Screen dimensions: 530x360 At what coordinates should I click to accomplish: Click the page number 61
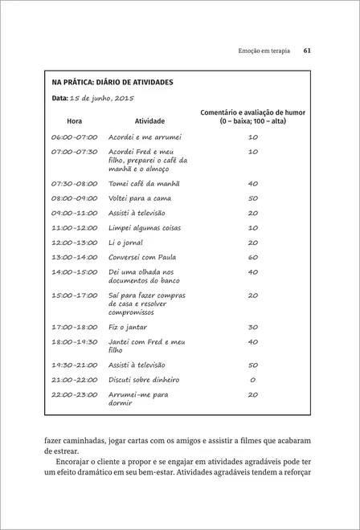coord(306,51)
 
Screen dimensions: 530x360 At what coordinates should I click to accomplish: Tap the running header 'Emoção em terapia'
coord(260,51)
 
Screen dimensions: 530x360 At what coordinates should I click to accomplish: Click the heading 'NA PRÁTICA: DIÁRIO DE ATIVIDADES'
coord(112,82)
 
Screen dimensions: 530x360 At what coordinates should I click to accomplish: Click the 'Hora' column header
coord(74,121)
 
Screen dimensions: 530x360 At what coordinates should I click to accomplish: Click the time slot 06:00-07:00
coord(74,137)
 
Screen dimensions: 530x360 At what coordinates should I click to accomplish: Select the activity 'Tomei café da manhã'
coord(144,183)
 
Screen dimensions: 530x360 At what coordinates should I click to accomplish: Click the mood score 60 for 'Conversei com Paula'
coord(252,257)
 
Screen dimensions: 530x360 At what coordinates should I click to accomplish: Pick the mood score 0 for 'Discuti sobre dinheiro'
coord(252,379)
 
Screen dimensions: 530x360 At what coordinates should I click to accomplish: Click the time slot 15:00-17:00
coord(74,296)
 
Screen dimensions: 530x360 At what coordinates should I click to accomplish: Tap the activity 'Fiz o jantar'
coord(129,327)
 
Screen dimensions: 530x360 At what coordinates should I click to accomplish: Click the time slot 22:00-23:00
coord(74,394)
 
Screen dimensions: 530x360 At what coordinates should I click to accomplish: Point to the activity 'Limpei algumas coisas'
coord(145,227)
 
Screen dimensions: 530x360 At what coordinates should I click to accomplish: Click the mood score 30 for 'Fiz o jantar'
coord(252,327)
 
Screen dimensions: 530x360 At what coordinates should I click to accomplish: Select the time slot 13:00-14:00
coord(74,257)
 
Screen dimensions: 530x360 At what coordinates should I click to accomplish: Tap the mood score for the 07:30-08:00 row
coord(252,183)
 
